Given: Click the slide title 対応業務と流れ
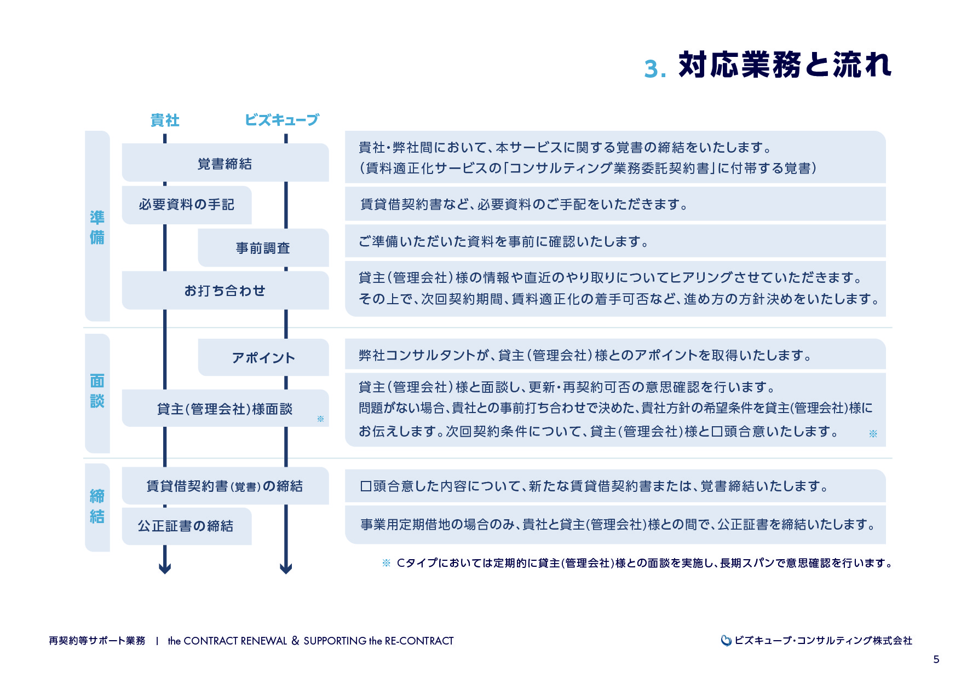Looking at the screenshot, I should pyautogui.click(x=784, y=65).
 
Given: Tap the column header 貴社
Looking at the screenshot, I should pyautogui.click(x=165, y=120).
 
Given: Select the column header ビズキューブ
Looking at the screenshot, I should pyautogui.click(x=281, y=120).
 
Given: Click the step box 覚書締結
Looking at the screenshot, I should pyautogui.click(x=225, y=163).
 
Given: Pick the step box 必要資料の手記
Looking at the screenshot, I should pyautogui.click(x=186, y=205).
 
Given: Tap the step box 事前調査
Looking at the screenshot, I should pyautogui.click(x=263, y=248).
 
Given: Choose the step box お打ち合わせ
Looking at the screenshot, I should pyautogui.click(x=225, y=291).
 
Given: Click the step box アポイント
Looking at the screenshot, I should pyautogui.click(x=263, y=357).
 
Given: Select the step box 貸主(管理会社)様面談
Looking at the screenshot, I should pyautogui.click(x=225, y=409).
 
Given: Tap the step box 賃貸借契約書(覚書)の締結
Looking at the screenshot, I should pyautogui.click(x=225, y=486).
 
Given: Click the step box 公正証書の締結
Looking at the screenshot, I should pyautogui.click(x=186, y=526).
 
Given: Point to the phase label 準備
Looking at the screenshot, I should pyautogui.click(x=97, y=227).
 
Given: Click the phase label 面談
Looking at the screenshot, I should pyautogui.click(x=97, y=391).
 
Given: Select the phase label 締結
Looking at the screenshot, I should pyautogui.click(x=97, y=507).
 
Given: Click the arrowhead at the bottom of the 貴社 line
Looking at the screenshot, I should pyautogui.click(x=165, y=568).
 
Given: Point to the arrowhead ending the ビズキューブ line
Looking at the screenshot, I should pyautogui.click(x=286, y=568).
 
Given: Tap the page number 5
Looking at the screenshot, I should pyautogui.click(x=936, y=659).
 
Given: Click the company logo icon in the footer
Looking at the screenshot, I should pyautogui.click(x=726, y=641).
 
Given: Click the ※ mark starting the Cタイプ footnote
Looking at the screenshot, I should pyautogui.click(x=386, y=563).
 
